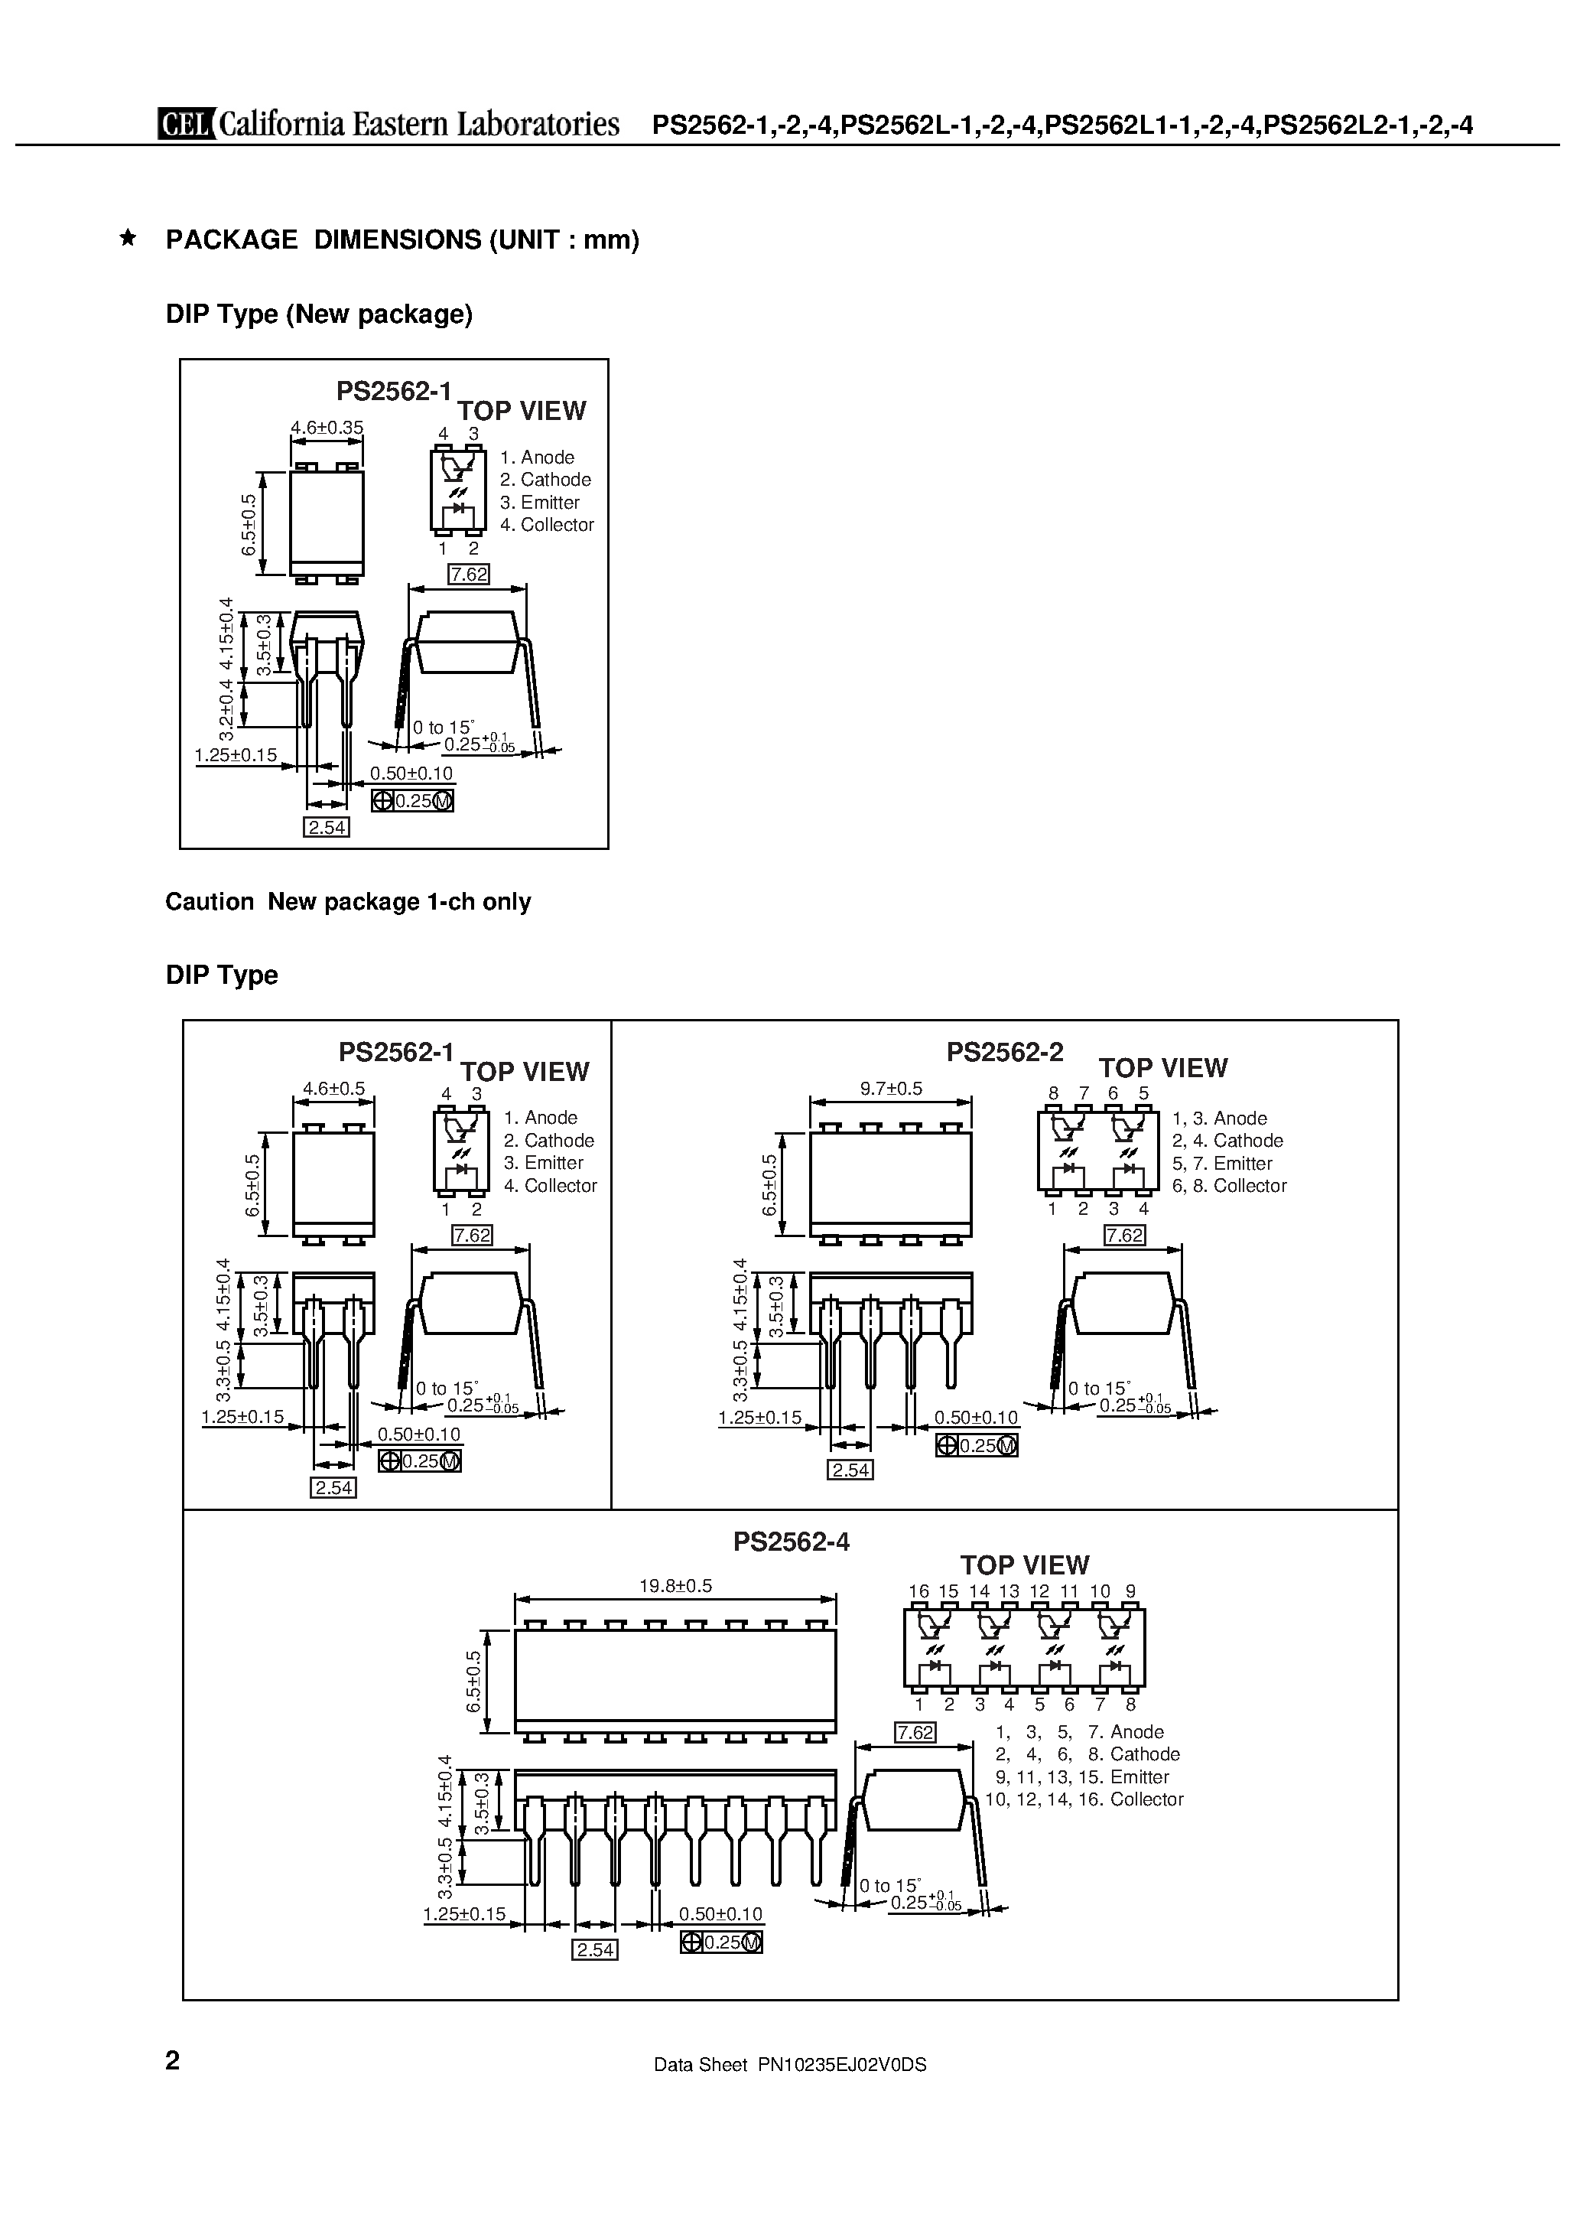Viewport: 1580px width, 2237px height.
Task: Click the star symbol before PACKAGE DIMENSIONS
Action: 127,239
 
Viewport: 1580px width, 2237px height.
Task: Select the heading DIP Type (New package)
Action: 319,314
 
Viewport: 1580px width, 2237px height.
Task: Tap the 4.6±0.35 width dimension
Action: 327,427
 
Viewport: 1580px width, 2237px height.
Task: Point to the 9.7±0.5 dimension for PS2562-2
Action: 890,1089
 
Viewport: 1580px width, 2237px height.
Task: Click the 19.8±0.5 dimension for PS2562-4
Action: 675,1585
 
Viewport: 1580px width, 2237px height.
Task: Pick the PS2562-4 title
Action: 791,1542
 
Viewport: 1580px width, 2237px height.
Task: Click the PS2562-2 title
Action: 1004,1052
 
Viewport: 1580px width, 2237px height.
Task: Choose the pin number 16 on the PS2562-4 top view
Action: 918,1591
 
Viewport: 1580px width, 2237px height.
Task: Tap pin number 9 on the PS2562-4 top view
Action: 1130,1591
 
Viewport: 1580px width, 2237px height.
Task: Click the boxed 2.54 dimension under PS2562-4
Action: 594,1949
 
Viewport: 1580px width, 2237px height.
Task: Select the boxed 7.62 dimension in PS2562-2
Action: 1124,1236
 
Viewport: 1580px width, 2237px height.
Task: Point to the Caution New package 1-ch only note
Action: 348,901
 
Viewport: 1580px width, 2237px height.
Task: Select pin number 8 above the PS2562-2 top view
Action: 1053,1093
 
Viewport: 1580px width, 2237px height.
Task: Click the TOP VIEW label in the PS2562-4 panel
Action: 1024,1565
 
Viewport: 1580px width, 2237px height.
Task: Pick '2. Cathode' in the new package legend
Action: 545,480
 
